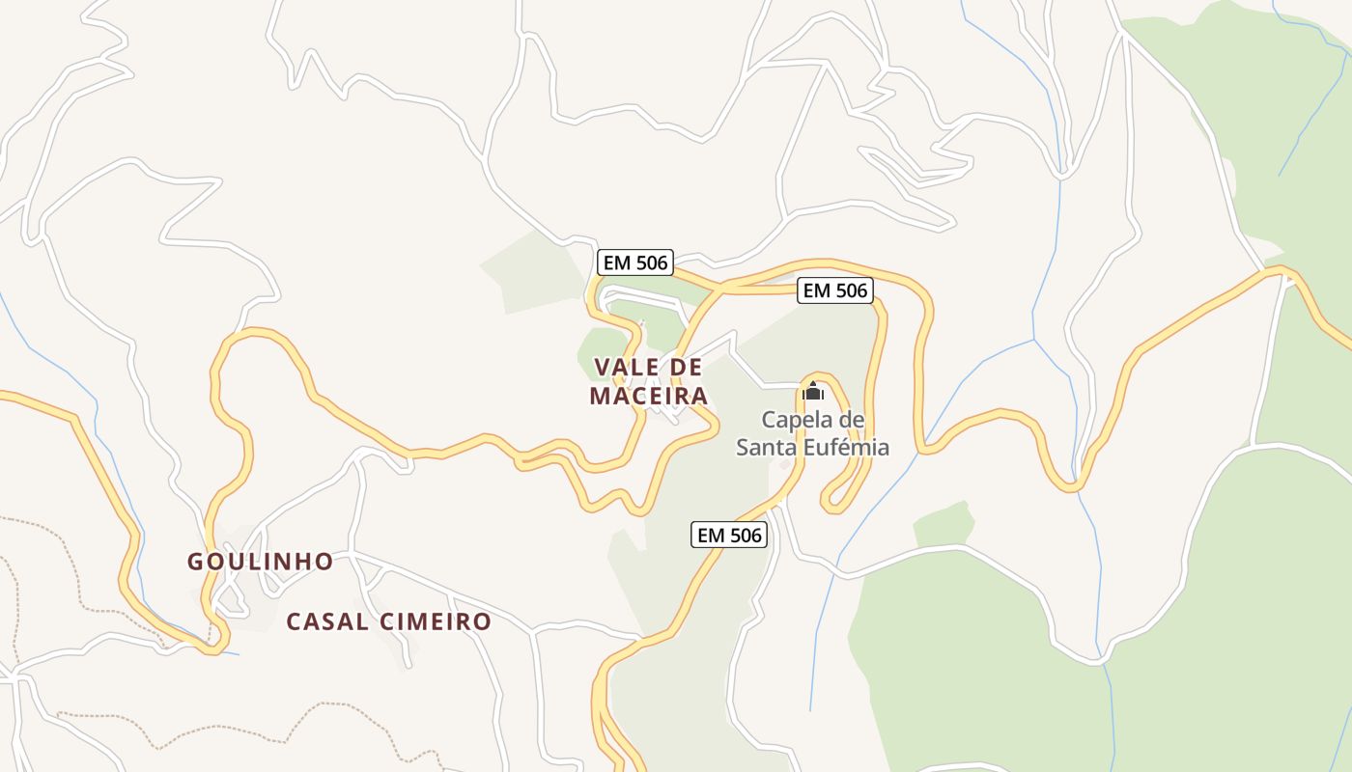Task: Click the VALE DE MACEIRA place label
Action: pos(649,381)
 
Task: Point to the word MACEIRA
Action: pos(649,397)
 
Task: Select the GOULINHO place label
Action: pos(260,562)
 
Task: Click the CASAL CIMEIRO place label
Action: pos(389,621)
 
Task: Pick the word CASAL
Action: pos(326,621)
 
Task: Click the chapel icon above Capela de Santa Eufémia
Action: pos(813,391)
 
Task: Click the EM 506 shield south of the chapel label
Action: pos(729,535)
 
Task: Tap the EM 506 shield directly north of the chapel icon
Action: pos(835,290)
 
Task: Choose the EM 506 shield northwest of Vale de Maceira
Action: pos(634,262)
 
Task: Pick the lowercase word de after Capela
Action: pos(852,420)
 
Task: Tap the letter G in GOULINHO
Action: pos(194,562)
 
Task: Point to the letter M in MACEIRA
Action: pos(599,397)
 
